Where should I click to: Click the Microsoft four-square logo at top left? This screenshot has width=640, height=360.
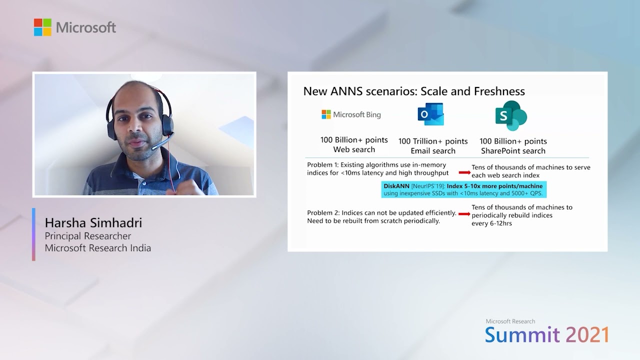coord(42,27)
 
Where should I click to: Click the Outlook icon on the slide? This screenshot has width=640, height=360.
coord(430,114)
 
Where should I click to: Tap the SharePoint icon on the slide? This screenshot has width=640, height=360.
coord(510,115)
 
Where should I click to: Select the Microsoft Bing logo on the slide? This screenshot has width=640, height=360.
coord(351,115)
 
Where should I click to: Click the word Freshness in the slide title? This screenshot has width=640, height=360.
coord(500,91)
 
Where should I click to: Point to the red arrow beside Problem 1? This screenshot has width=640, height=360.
coord(464,172)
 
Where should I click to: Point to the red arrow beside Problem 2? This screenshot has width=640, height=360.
coord(464,214)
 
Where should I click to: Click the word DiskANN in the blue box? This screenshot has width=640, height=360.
coord(396,186)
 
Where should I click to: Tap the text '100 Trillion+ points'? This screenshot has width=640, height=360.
coord(433,141)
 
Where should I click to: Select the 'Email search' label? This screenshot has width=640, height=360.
coord(433,151)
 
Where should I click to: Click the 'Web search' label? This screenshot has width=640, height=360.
coord(354,149)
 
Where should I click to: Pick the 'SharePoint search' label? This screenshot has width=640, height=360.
coord(513,150)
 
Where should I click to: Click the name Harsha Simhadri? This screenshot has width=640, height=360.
coord(93,222)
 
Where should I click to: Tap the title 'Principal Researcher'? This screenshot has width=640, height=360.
coord(88,236)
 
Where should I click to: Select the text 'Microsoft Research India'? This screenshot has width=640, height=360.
coord(98,247)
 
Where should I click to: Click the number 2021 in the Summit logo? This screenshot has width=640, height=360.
coord(585,334)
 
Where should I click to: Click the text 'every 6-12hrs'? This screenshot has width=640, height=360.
coord(491,223)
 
